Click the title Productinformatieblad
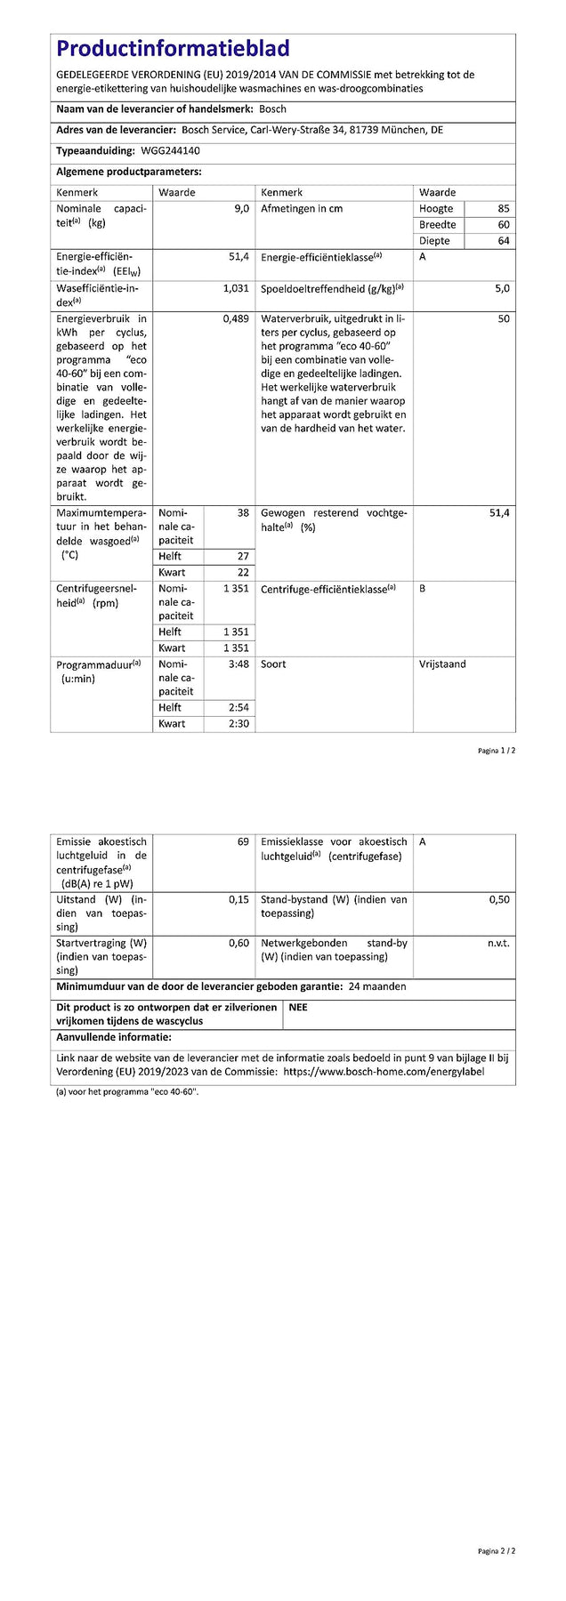tap(173, 48)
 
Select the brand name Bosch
tap(272, 109)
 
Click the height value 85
tap(504, 209)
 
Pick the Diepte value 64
tap(504, 241)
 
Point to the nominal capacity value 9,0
tap(241, 209)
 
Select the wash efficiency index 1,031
tap(236, 289)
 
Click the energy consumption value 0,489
tap(236, 318)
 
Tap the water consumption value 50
tap(504, 318)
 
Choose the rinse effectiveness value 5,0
tap(502, 289)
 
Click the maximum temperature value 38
tap(243, 513)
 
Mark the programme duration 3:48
tap(239, 664)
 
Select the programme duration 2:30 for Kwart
tap(239, 724)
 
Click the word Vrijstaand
tap(442, 664)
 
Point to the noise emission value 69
tap(243, 841)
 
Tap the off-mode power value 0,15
tap(239, 899)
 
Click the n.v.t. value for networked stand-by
tap(498, 943)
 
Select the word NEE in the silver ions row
tap(298, 1008)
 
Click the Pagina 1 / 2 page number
tap(497, 751)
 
